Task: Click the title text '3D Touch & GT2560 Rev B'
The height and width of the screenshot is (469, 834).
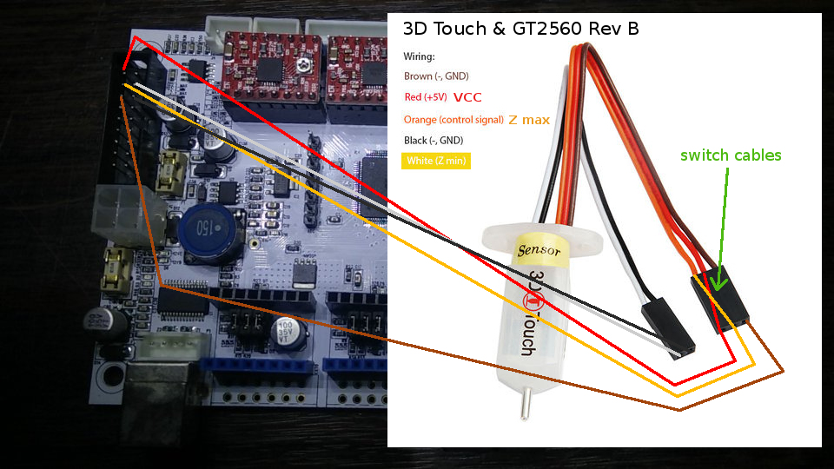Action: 521,29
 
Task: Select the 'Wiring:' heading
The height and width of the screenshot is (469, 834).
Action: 420,56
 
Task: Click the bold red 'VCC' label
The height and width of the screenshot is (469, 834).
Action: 467,97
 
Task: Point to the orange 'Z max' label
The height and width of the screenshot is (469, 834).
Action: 528,120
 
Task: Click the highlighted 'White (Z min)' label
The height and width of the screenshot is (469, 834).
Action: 435,161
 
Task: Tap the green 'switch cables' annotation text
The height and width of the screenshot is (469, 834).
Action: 731,155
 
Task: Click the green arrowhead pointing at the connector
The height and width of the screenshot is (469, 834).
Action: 718,282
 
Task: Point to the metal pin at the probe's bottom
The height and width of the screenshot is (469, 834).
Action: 526,403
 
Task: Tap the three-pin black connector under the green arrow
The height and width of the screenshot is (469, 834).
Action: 719,301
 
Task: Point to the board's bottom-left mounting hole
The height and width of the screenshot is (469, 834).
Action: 110,377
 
